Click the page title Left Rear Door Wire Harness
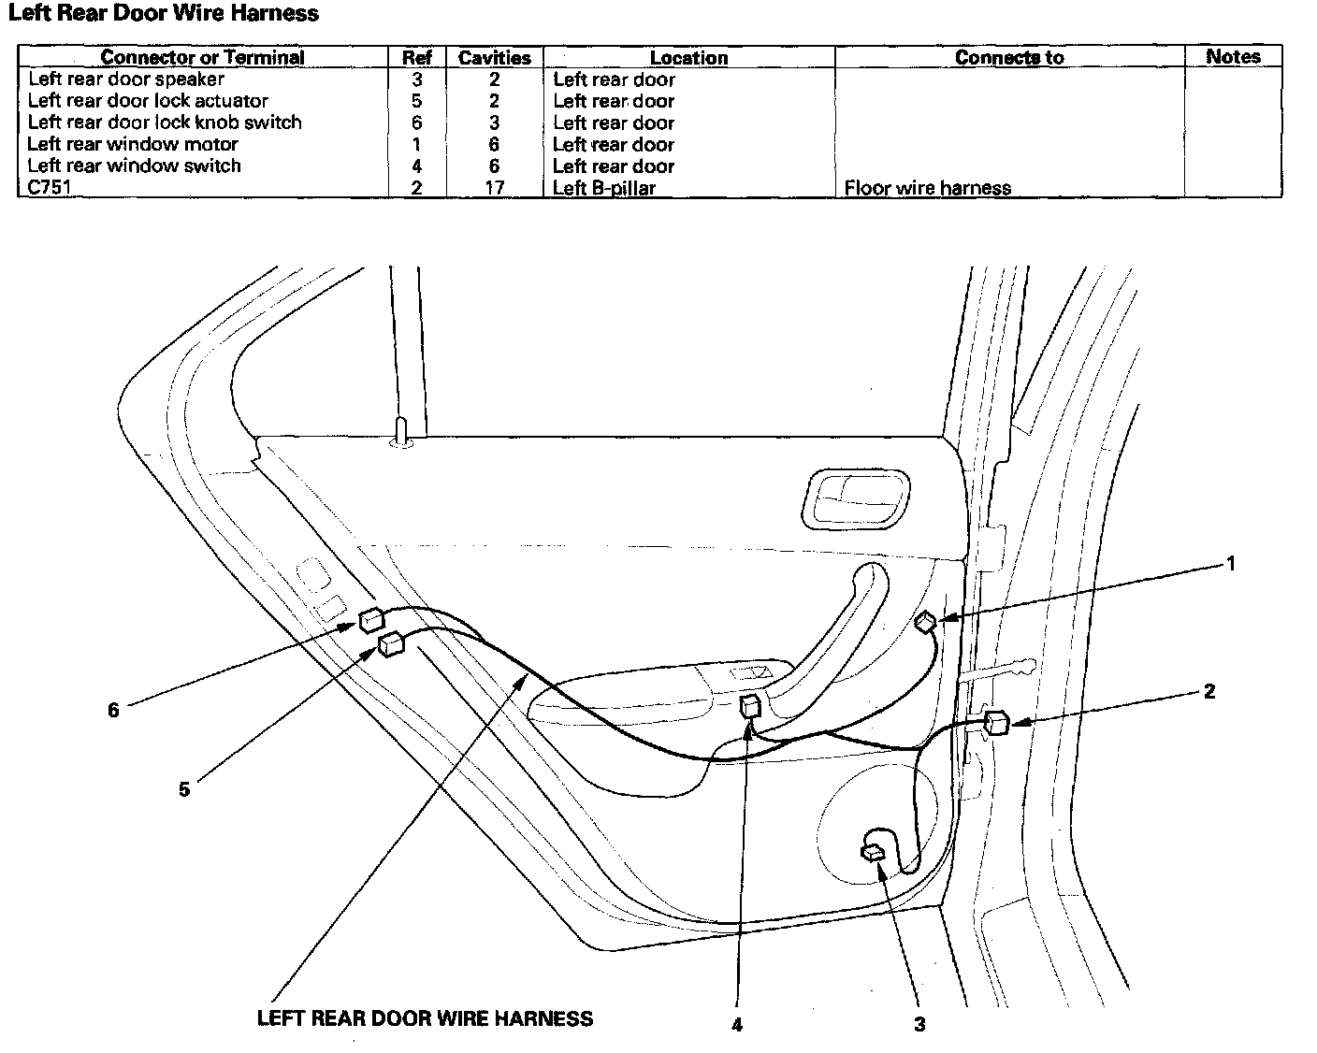(164, 14)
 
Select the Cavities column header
(494, 57)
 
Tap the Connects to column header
(1009, 57)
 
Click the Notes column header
(1233, 56)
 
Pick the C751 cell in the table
(50, 187)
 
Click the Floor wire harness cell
(927, 187)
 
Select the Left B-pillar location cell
(604, 187)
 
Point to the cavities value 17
(494, 187)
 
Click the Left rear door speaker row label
(126, 79)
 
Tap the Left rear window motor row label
(133, 144)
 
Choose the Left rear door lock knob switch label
(165, 123)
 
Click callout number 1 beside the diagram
(1231, 564)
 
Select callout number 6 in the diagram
(113, 711)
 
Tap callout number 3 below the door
(919, 1024)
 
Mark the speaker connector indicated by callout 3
(873, 852)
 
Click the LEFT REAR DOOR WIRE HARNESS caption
(425, 1018)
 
